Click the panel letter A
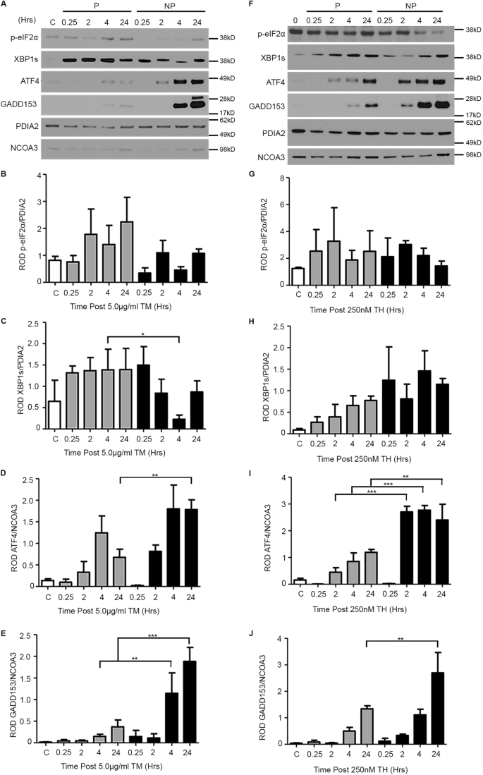coord(6,5)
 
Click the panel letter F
coord(250,5)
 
